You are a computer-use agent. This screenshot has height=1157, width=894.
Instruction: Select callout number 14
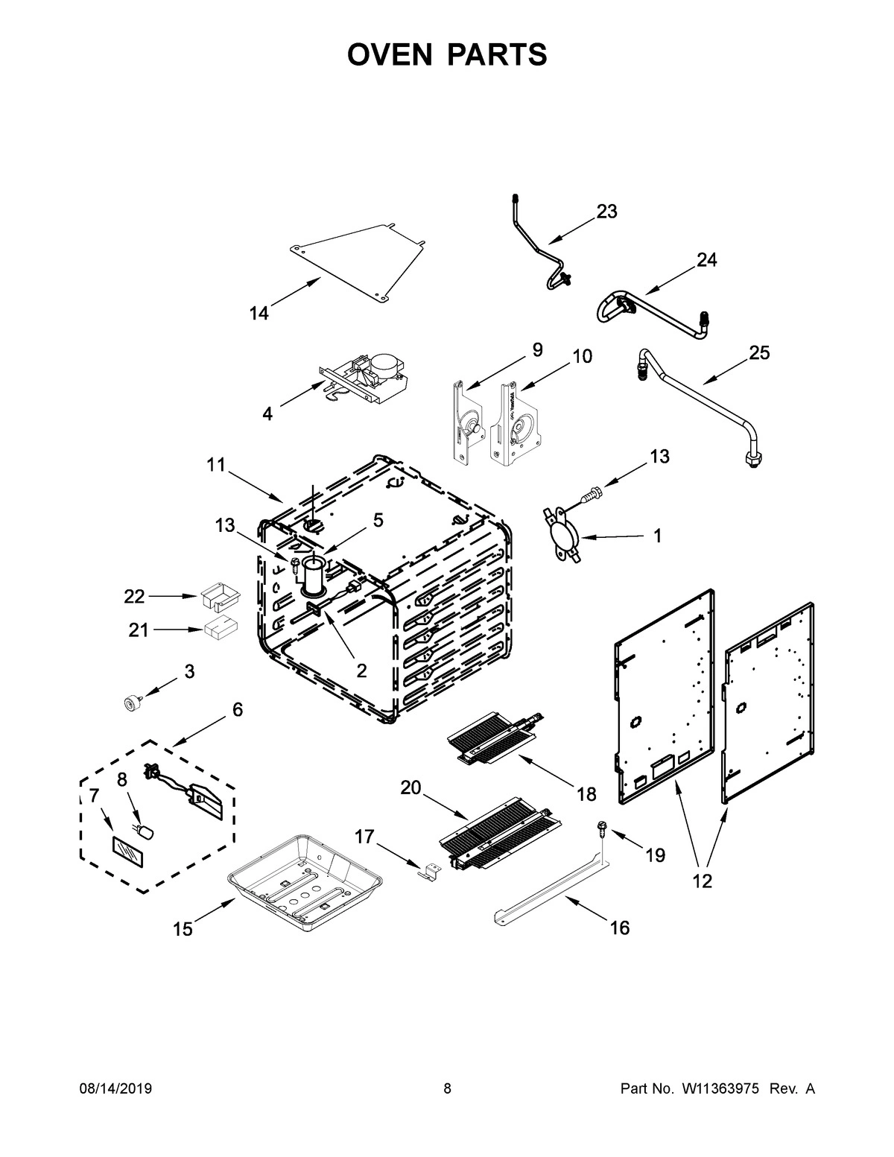(x=259, y=314)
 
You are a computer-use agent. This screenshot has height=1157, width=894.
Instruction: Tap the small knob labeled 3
(x=133, y=702)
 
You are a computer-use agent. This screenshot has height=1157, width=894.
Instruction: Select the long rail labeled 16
(x=551, y=890)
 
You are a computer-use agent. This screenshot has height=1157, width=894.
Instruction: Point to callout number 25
(x=759, y=352)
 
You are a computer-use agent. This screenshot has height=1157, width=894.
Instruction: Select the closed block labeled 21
(x=221, y=630)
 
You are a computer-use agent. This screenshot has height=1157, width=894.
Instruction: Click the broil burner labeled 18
(x=492, y=740)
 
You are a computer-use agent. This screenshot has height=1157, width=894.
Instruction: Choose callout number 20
(x=411, y=787)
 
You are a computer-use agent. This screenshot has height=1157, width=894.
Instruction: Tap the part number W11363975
(x=719, y=1088)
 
